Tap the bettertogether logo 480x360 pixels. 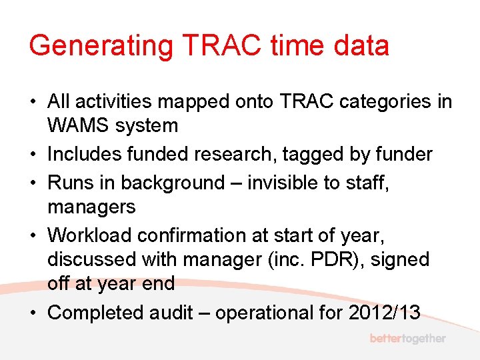[407, 339]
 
